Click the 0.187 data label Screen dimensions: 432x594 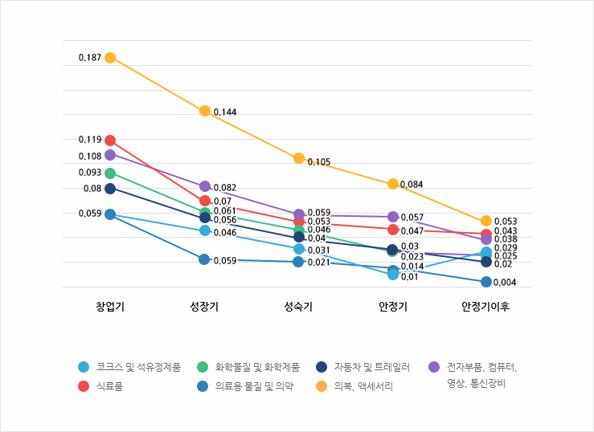(89, 58)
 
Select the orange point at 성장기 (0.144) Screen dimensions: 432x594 (205, 111)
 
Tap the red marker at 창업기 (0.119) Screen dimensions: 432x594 (110, 141)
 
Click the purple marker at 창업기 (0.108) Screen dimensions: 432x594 (110, 155)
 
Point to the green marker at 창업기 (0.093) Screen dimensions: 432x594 (110, 173)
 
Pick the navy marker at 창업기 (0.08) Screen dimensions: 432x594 (110, 189)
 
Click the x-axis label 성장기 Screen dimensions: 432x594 (204, 307)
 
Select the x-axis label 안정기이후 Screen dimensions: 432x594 (485, 307)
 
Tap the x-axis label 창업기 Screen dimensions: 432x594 (110, 307)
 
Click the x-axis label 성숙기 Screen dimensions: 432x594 (298, 307)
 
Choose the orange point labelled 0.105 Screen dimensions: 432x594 (299, 158)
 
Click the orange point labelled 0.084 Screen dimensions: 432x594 (393, 184)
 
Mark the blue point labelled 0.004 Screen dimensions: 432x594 (486, 282)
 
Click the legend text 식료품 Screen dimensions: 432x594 (109, 386)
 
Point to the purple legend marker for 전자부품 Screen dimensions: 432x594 (434, 367)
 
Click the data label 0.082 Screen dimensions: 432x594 (225, 187)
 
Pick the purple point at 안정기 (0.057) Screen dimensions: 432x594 (393, 217)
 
